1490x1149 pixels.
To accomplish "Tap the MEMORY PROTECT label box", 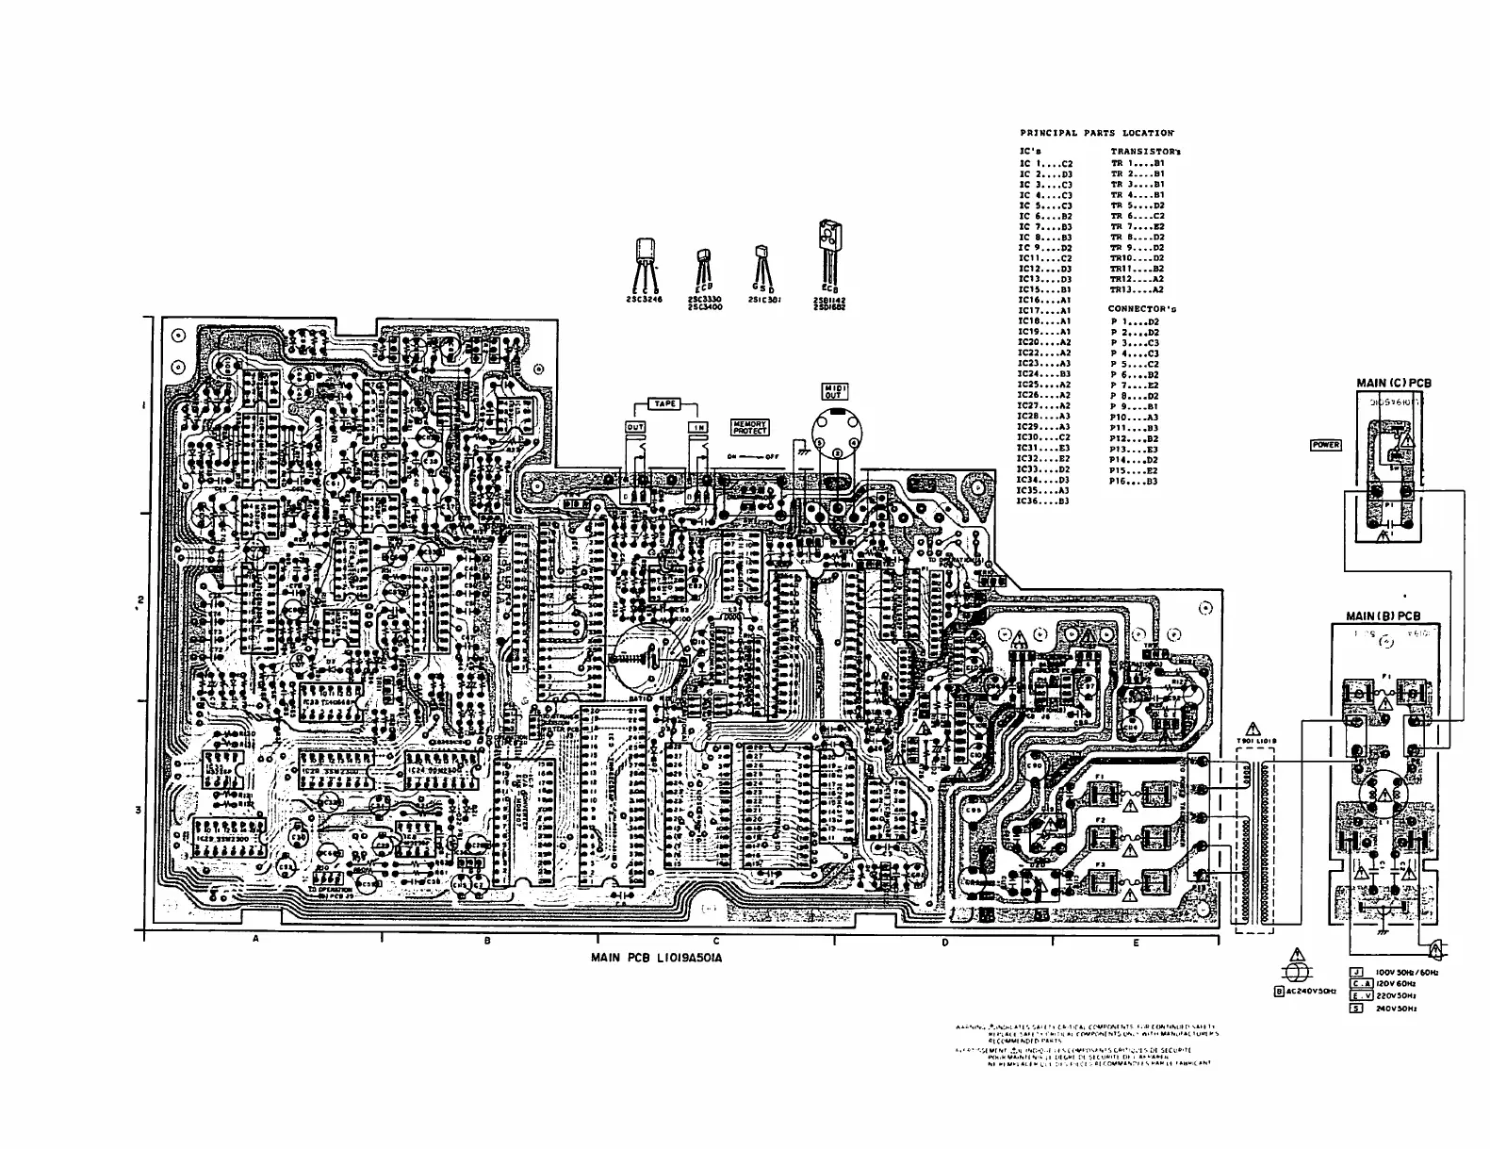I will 750,427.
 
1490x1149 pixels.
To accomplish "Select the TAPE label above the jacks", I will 665,404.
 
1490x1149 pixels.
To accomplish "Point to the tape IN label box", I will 698,427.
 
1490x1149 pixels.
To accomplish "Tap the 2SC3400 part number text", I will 705,306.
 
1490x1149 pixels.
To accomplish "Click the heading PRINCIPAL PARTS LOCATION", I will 1096,133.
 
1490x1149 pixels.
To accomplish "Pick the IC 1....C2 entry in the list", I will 1046,164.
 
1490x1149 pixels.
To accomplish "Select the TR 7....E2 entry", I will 1137,226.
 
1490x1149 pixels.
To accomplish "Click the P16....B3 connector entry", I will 1134,481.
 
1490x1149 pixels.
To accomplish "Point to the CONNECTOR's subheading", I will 1141,308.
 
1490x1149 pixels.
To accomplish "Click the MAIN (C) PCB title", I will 1393,383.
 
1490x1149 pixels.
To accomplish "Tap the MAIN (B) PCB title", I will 1383,616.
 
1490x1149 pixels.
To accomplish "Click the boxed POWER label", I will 1325,445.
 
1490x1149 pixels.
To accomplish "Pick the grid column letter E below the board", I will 1136,942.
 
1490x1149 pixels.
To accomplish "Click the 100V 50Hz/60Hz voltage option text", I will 1406,971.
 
